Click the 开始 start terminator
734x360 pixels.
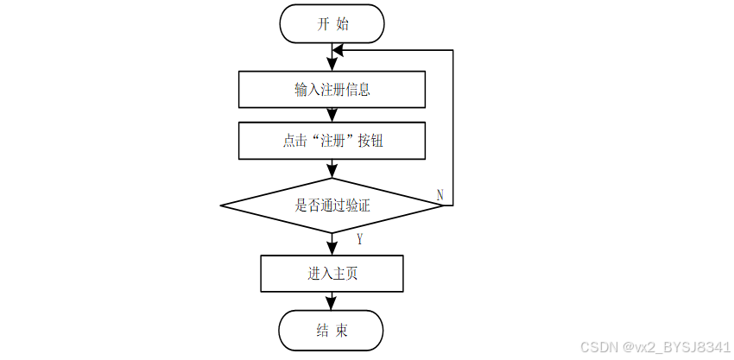pos(332,24)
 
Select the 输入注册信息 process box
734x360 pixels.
pos(332,90)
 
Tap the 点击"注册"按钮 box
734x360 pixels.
pos(332,141)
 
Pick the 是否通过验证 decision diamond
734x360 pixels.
pos(332,205)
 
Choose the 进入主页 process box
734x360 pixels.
pos(332,274)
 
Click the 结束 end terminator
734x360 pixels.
pos(332,331)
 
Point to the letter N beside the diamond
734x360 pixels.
pos(440,195)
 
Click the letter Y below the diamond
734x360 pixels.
pos(359,240)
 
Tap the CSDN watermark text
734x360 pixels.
pos(655,347)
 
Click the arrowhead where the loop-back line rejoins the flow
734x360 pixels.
pos(338,50)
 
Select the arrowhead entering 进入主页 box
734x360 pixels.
pos(332,249)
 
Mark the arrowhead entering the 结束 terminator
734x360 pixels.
pos(332,304)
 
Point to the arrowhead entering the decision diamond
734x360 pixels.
pos(332,173)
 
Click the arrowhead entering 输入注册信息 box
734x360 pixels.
pos(332,65)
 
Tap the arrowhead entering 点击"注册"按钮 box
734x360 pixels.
pos(332,116)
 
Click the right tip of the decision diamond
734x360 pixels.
pos(443,205)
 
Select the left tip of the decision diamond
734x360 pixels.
pos(220,205)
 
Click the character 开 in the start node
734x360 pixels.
pos(324,24)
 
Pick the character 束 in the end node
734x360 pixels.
pos(342,331)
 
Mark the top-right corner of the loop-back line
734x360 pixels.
pos(453,50)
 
